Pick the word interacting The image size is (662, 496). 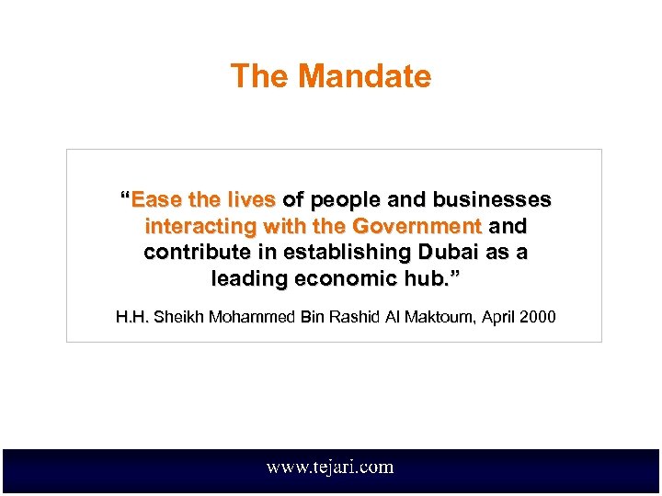point(201,226)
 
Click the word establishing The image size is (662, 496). point(339,252)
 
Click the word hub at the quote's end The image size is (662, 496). point(426,277)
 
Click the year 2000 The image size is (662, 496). point(537,318)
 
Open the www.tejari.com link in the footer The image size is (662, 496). point(330,468)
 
